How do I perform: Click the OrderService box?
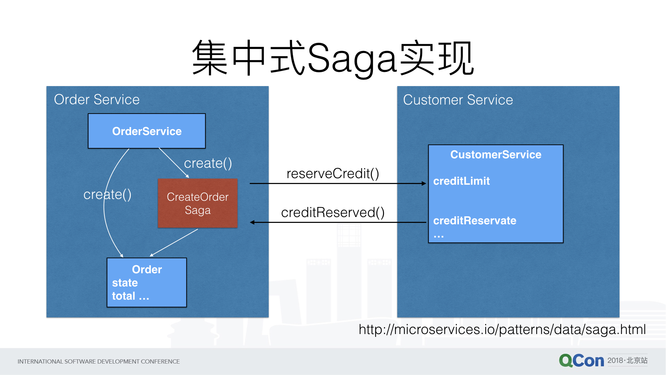pyautogui.click(x=147, y=131)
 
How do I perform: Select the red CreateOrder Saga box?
pyautogui.click(x=198, y=203)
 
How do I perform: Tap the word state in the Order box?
pyautogui.click(x=125, y=283)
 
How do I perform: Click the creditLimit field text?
pyautogui.click(x=461, y=181)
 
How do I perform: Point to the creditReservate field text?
pyautogui.click(x=475, y=220)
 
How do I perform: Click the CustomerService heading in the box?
pyautogui.click(x=496, y=155)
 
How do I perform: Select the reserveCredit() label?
pyautogui.click(x=333, y=174)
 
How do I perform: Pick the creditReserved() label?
pyautogui.click(x=333, y=212)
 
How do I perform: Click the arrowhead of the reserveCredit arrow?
pyautogui.click(x=424, y=183)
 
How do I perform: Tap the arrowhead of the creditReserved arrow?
pyautogui.click(x=252, y=222)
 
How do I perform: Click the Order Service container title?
pyautogui.click(x=97, y=100)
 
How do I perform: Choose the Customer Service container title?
pyautogui.click(x=458, y=100)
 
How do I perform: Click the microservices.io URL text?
pyautogui.click(x=502, y=330)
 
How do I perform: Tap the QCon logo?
pyautogui.click(x=581, y=361)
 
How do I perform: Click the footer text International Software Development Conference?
pyautogui.click(x=99, y=361)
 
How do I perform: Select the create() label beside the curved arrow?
pyautogui.click(x=107, y=194)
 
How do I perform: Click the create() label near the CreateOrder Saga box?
pyautogui.click(x=208, y=163)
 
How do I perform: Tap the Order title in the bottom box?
pyautogui.click(x=147, y=269)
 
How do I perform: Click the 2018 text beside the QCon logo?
pyautogui.click(x=615, y=360)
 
